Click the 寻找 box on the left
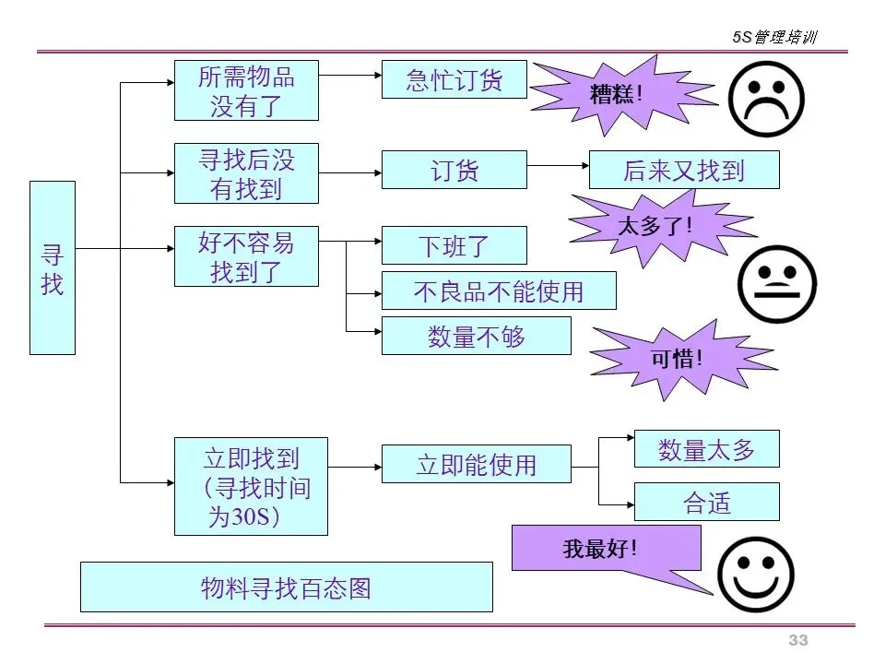[53, 267]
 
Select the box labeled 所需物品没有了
[246, 90]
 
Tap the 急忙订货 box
[454, 79]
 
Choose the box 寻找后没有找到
[246, 173]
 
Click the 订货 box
[454, 170]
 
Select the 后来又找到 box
[683, 170]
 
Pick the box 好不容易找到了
[246, 256]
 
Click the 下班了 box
[454, 245]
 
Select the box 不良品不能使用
[499, 290]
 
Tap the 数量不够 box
[476, 336]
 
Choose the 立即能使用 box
[476, 464]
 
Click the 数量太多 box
[706, 449]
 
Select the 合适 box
[706, 502]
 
